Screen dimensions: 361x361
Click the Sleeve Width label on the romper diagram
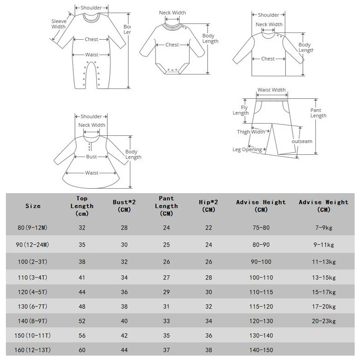59,23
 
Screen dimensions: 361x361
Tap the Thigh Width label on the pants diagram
251,132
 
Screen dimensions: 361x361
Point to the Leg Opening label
247,149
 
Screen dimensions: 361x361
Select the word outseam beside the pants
302,141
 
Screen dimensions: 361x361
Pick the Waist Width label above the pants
271,90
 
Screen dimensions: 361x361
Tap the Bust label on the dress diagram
92,157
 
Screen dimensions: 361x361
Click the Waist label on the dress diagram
92,173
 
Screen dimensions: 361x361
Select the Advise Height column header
261,206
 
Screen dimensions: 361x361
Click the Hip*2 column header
208,206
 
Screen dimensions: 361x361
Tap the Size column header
33,206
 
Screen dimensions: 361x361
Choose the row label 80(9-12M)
32,227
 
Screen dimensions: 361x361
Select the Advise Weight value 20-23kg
324,321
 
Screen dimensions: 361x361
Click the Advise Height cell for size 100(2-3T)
261,262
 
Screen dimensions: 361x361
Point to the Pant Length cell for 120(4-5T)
167,292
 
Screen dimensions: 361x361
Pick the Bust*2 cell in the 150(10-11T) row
124,336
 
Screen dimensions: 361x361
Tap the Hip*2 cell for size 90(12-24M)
208,245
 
